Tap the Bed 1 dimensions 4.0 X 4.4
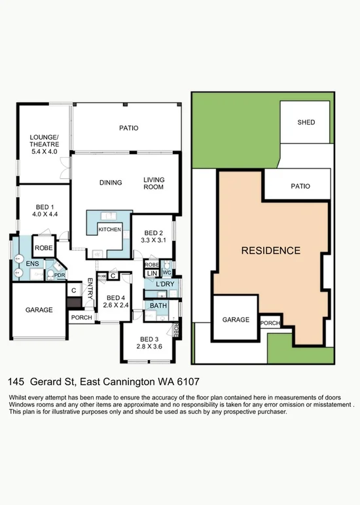pyautogui.click(x=45, y=214)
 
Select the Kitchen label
pyautogui.click(x=110, y=230)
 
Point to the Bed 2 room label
pyautogui.click(x=153, y=233)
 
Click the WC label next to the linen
pyautogui.click(x=167, y=272)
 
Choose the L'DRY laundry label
pyautogui.click(x=165, y=284)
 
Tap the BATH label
pyautogui.click(x=158, y=305)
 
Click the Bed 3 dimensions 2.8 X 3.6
pyautogui.click(x=149, y=346)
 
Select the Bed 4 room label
pyautogui.click(x=116, y=298)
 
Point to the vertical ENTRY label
pyautogui.click(x=90, y=289)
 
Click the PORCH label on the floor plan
pyautogui.click(x=82, y=318)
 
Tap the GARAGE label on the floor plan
pyautogui.click(x=39, y=310)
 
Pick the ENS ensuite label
pyautogui.click(x=33, y=264)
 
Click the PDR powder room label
pyautogui.click(x=60, y=275)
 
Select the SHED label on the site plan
pyautogui.click(x=306, y=122)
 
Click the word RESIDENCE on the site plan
pyautogui.click(x=271, y=251)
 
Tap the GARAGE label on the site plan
pyautogui.click(x=236, y=320)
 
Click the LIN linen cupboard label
pyautogui.click(x=152, y=273)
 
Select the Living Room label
pyautogui.click(x=154, y=183)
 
